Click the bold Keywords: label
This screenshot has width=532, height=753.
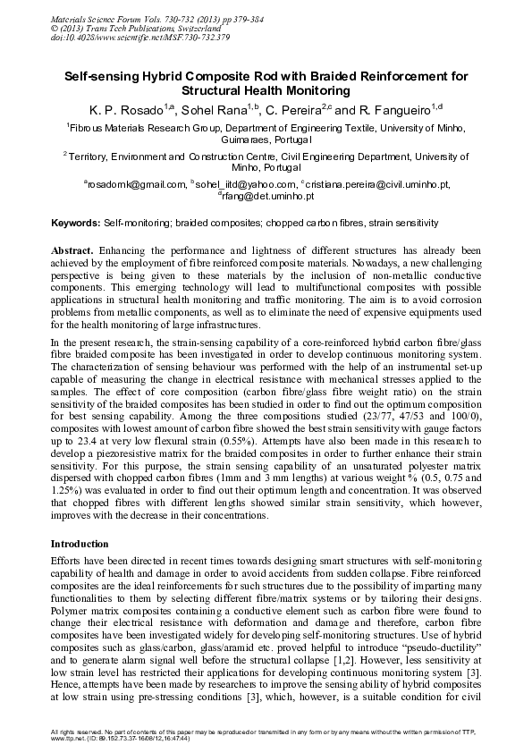click(76, 220)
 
